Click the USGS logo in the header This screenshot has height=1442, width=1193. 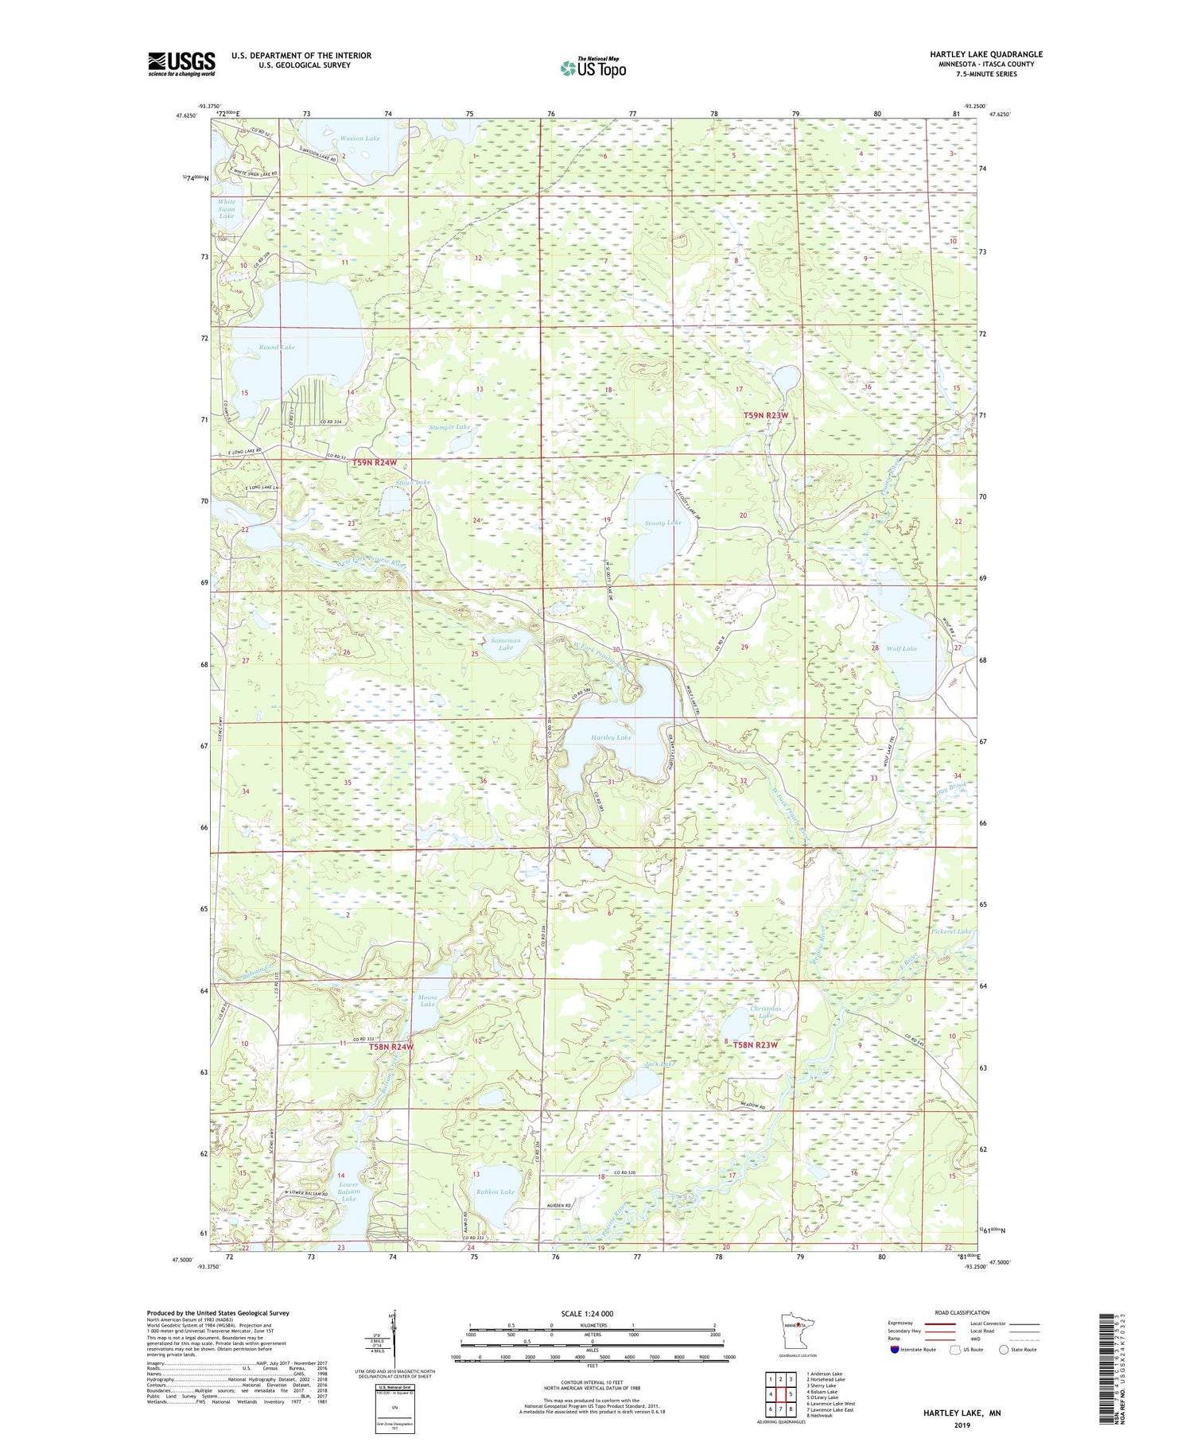(x=181, y=64)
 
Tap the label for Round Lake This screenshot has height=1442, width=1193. (x=277, y=348)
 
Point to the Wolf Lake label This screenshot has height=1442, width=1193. (x=900, y=648)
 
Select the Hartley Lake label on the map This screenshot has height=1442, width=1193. (x=611, y=737)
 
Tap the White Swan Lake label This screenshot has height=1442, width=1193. (x=227, y=209)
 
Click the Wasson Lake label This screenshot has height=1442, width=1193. (x=359, y=138)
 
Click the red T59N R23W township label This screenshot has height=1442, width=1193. (x=767, y=415)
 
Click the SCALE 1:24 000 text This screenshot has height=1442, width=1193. (x=592, y=1313)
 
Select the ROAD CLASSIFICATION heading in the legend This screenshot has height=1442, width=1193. (x=962, y=1312)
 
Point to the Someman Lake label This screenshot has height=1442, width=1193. (x=506, y=643)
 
